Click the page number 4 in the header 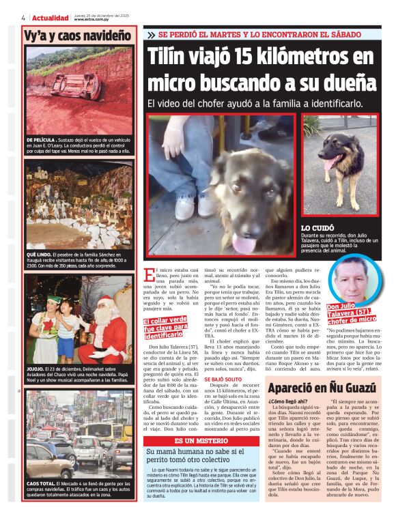pos(23,18)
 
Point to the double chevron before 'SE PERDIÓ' pos(151,34)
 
